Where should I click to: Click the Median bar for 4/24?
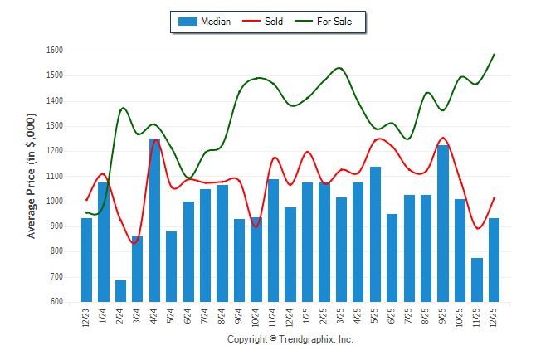coord(154,220)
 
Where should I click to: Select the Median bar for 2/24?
coord(120,290)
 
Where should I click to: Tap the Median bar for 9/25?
coord(443,223)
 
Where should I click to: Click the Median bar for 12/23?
coord(86,260)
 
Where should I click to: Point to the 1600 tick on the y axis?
coord(55,51)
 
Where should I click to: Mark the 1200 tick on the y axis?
coord(55,151)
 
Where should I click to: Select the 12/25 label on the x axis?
coord(495,318)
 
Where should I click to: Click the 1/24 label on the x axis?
coord(104,318)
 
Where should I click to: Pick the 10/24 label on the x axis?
coord(256,318)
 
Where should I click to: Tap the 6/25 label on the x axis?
coord(392,318)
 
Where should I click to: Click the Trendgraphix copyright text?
coord(290,339)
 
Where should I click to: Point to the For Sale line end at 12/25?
coord(495,55)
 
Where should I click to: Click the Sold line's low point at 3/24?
coord(137,243)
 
